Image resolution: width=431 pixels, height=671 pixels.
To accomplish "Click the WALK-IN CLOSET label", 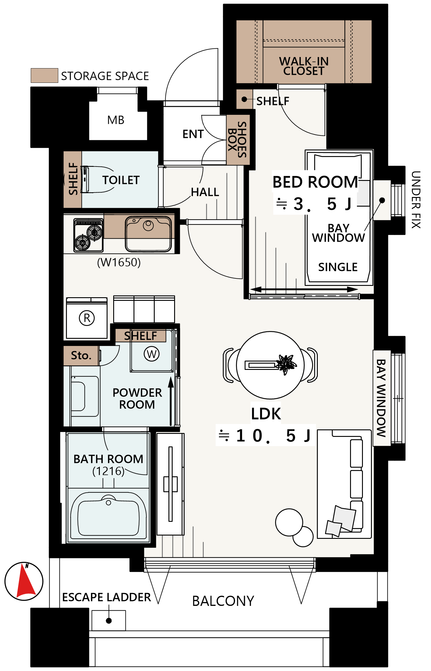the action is click(x=304, y=66).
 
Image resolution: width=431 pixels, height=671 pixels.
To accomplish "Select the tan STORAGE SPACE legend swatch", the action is click(x=45, y=75).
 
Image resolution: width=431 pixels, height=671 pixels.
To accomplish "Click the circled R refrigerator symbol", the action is click(x=87, y=318).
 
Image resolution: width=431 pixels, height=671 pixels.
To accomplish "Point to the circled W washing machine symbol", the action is click(x=152, y=354).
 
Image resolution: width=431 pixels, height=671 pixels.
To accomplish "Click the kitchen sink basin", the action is click(x=148, y=234).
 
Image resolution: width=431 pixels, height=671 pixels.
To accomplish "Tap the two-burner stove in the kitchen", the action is click(x=89, y=235).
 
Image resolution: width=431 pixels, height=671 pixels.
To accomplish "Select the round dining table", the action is click(x=270, y=365).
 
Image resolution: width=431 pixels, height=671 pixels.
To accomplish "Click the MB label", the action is click(x=116, y=120).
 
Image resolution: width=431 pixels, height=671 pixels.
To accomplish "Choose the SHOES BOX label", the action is click(x=237, y=140).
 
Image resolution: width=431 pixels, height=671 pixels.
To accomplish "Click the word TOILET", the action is click(x=121, y=180).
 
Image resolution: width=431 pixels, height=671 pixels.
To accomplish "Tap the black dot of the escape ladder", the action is click(x=109, y=621).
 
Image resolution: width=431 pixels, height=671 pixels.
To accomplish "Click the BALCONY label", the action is click(x=223, y=601).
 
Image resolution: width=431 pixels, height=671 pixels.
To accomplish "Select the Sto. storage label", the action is click(x=81, y=356).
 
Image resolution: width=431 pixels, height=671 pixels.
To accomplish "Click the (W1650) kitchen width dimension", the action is click(x=119, y=262).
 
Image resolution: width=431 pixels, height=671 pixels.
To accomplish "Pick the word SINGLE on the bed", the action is click(x=338, y=267).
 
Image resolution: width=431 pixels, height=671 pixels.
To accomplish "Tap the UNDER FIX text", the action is click(x=416, y=200).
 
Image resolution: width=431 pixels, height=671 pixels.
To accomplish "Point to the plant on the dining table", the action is click(x=286, y=364).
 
